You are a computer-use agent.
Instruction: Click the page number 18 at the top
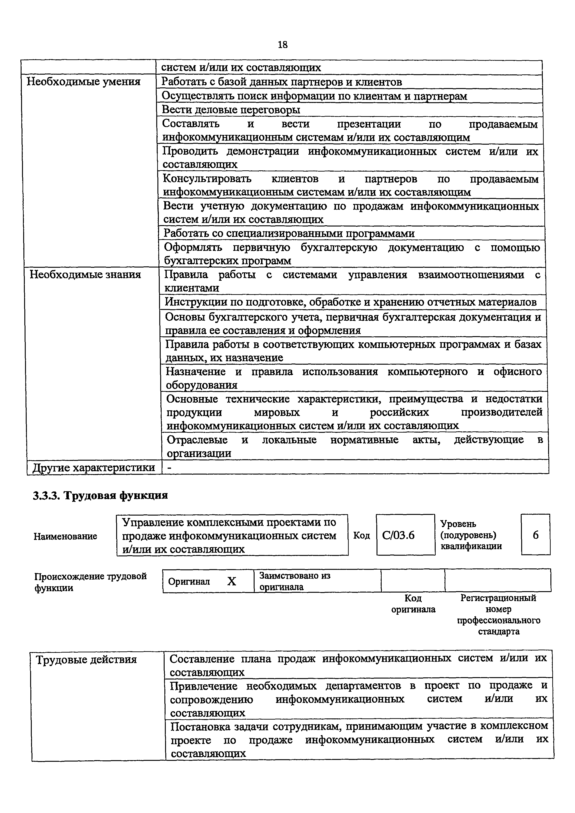pos(283,45)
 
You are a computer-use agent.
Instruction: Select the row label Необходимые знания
pos(85,274)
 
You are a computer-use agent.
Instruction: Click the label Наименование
pos(66,536)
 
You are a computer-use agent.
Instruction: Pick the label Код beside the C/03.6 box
pos(361,535)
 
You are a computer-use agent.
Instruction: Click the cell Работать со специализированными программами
pos(289,233)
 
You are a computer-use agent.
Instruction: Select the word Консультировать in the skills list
pos(207,179)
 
